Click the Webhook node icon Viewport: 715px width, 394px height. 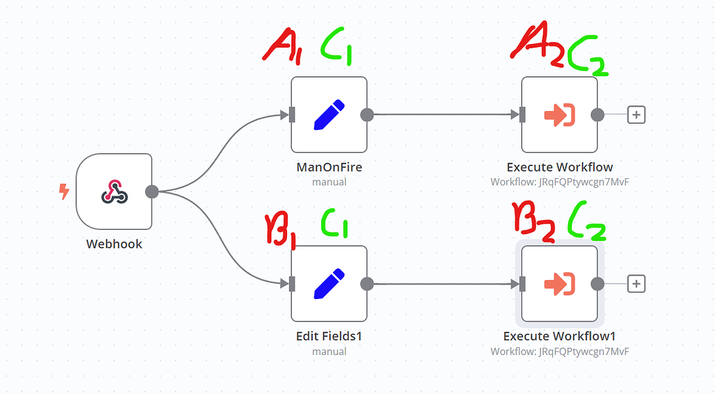(114, 191)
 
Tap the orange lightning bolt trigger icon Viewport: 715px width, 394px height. (64, 191)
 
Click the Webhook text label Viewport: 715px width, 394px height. (114, 244)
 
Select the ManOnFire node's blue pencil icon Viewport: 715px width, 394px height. (329, 115)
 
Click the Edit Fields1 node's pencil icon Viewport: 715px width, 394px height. (329, 283)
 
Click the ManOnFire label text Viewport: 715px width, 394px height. (329, 167)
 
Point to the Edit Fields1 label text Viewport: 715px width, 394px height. (329, 336)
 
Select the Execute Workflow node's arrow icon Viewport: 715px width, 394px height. (559, 115)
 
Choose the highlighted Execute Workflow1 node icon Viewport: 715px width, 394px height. (559, 283)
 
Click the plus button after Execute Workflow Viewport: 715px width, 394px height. (635, 115)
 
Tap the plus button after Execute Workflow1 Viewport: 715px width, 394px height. (635, 283)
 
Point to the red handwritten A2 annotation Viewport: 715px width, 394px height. (536, 45)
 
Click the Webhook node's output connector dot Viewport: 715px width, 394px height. (152, 191)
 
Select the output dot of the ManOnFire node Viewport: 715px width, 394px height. (367, 115)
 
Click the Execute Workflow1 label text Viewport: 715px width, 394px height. (559, 336)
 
